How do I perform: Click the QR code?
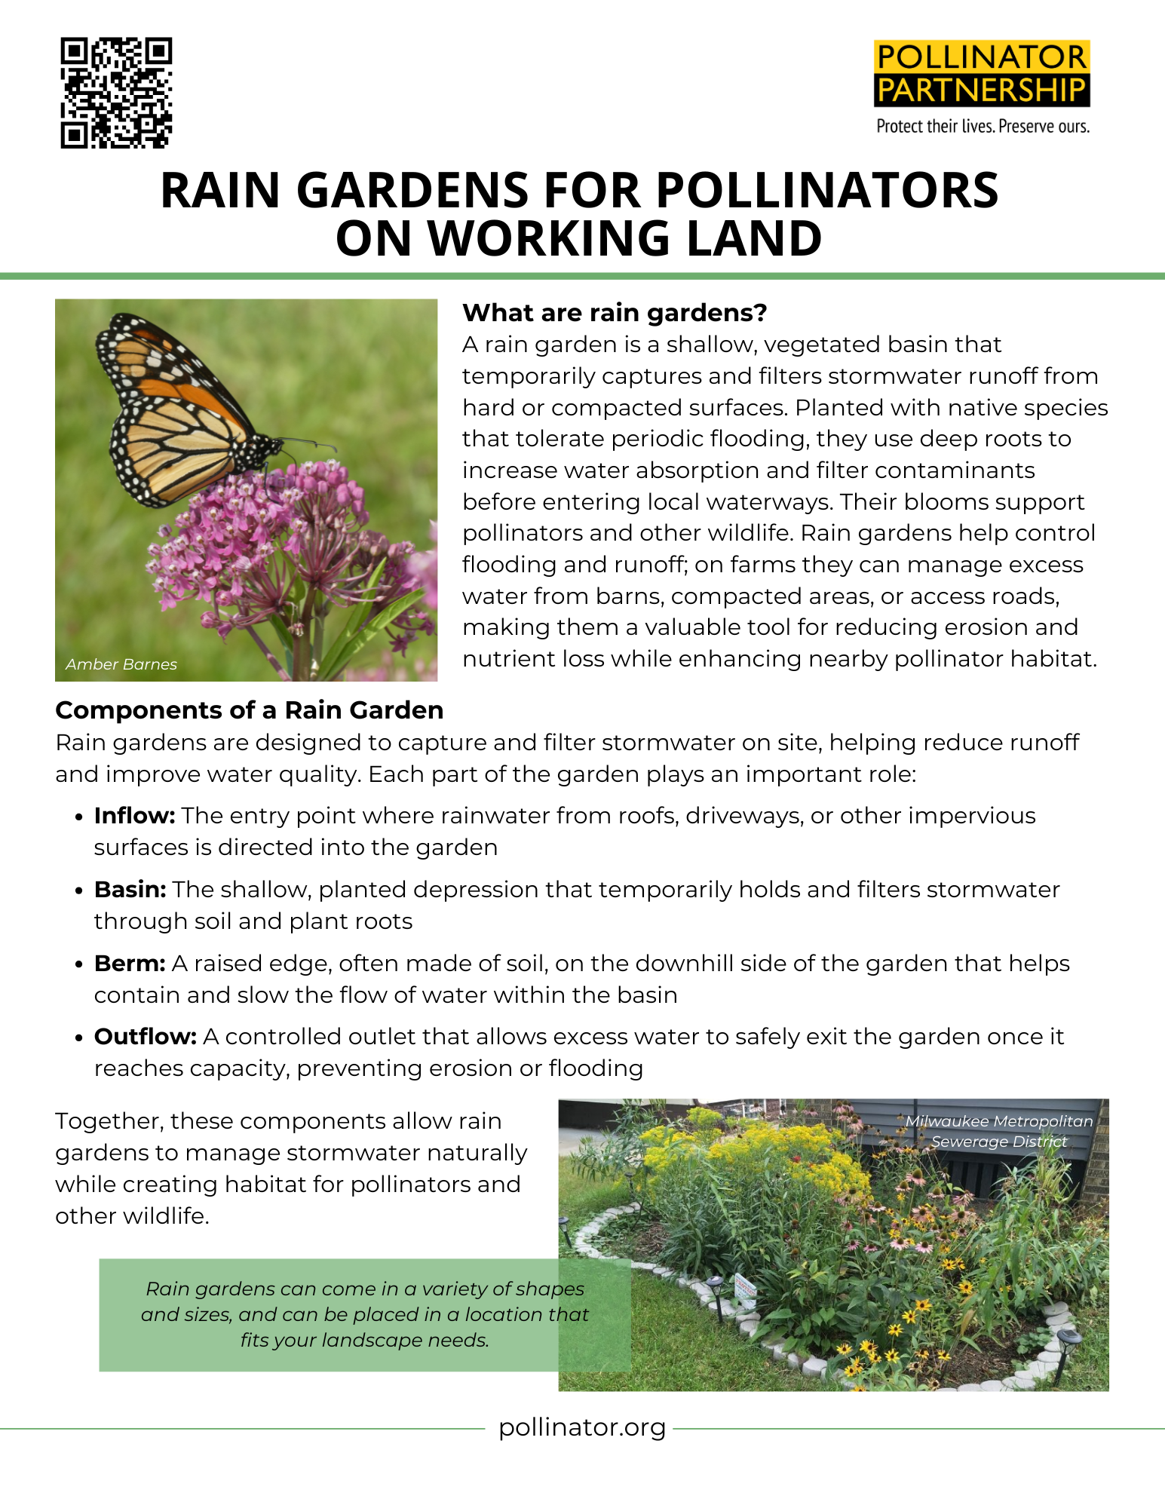click(x=116, y=92)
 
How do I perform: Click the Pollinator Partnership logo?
click(x=982, y=74)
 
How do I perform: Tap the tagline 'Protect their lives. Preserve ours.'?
click(x=983, y=127)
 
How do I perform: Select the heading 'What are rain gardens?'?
click(x=615, y=312)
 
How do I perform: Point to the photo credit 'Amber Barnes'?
click(x=121, y=664)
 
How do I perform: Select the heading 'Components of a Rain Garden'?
click(x=249, y=710)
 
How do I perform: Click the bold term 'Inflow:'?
click(x=134, y=816)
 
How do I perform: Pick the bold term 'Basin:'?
click(x=130, y=890)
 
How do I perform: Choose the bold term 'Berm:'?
click(x=130, y=964)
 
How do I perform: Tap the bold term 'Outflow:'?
click(x=145, y=1037)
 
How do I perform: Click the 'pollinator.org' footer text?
click(x=582, y=1427)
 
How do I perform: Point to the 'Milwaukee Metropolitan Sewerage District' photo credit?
click(x=998, y=1131)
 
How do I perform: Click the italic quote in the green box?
click(x=365, y=1314)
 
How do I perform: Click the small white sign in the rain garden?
click(x=745, y=1286)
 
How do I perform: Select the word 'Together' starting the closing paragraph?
click(x=109, y=1121)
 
